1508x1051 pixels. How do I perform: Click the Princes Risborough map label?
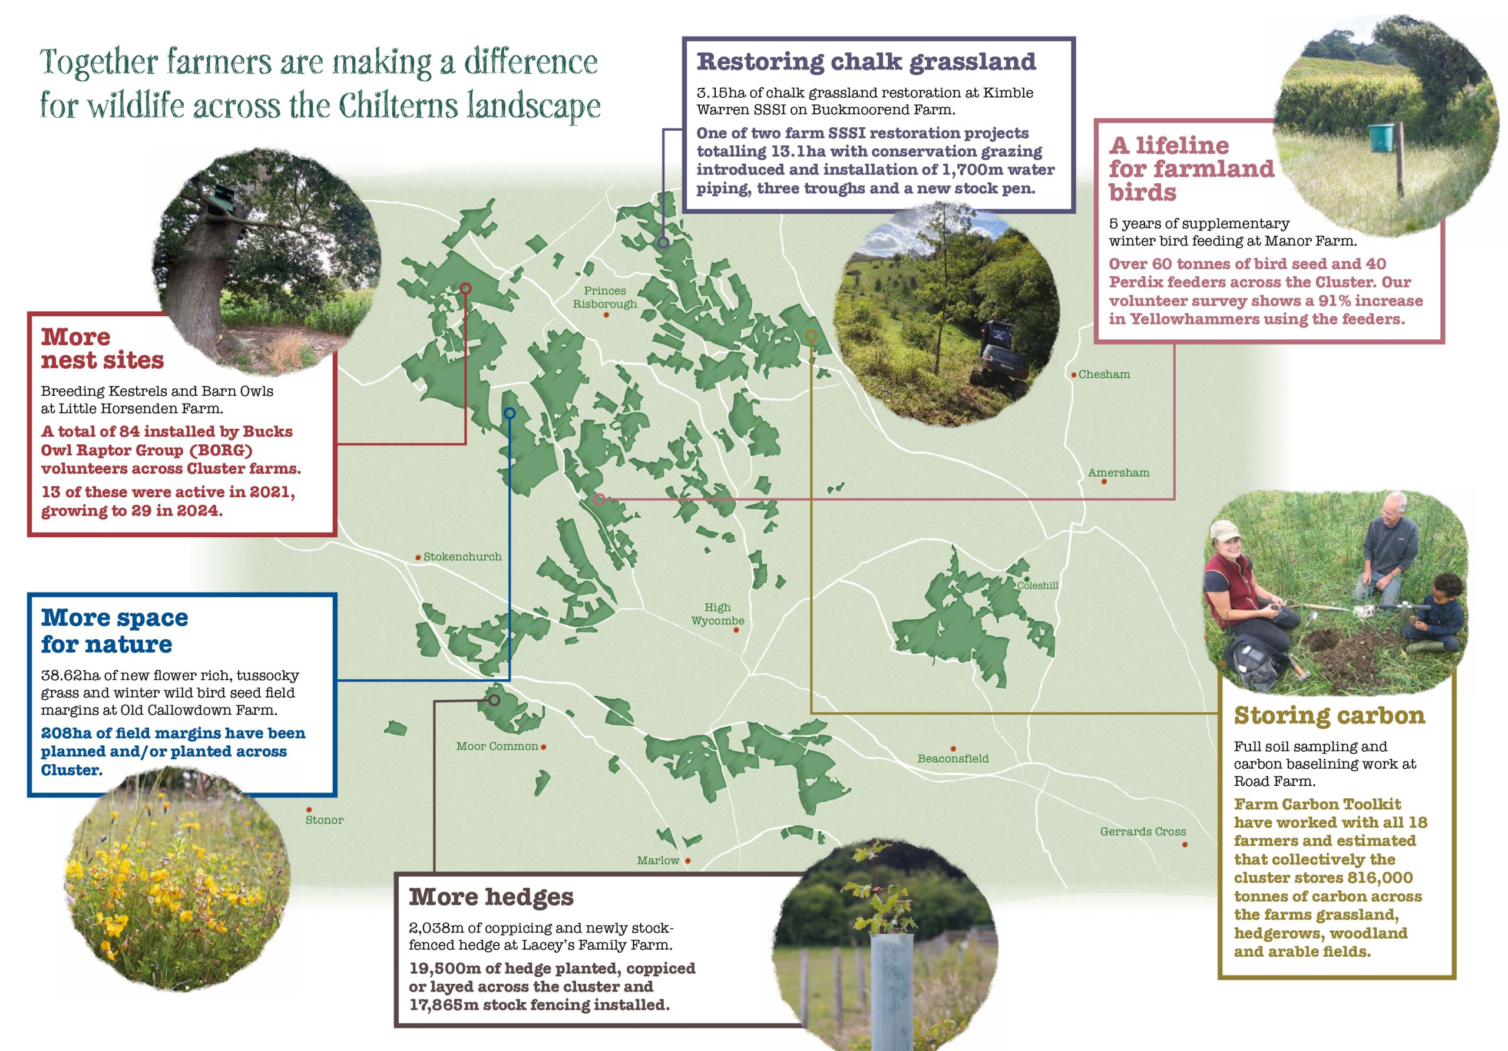coord(604,297)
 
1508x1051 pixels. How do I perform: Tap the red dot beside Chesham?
coord(1074,375)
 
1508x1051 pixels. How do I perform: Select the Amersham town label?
coord(1119,472)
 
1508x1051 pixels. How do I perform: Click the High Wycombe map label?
coord(717,613)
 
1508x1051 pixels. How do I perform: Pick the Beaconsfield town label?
coord(953,758)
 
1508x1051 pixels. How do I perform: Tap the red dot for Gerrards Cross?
coord(1185,844)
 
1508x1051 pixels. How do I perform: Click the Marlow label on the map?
coord(657,861)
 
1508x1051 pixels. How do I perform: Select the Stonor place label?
coord(324,820)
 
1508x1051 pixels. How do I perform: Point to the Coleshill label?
coord(1037,585)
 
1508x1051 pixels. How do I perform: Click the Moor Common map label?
coord(497,746)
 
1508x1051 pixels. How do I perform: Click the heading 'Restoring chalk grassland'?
coord(866,62)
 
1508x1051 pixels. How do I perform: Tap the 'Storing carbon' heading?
coord(1329,715)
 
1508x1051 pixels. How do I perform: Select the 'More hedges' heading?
coord(491,897)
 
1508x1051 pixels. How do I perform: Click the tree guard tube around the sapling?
coord(891,989)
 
